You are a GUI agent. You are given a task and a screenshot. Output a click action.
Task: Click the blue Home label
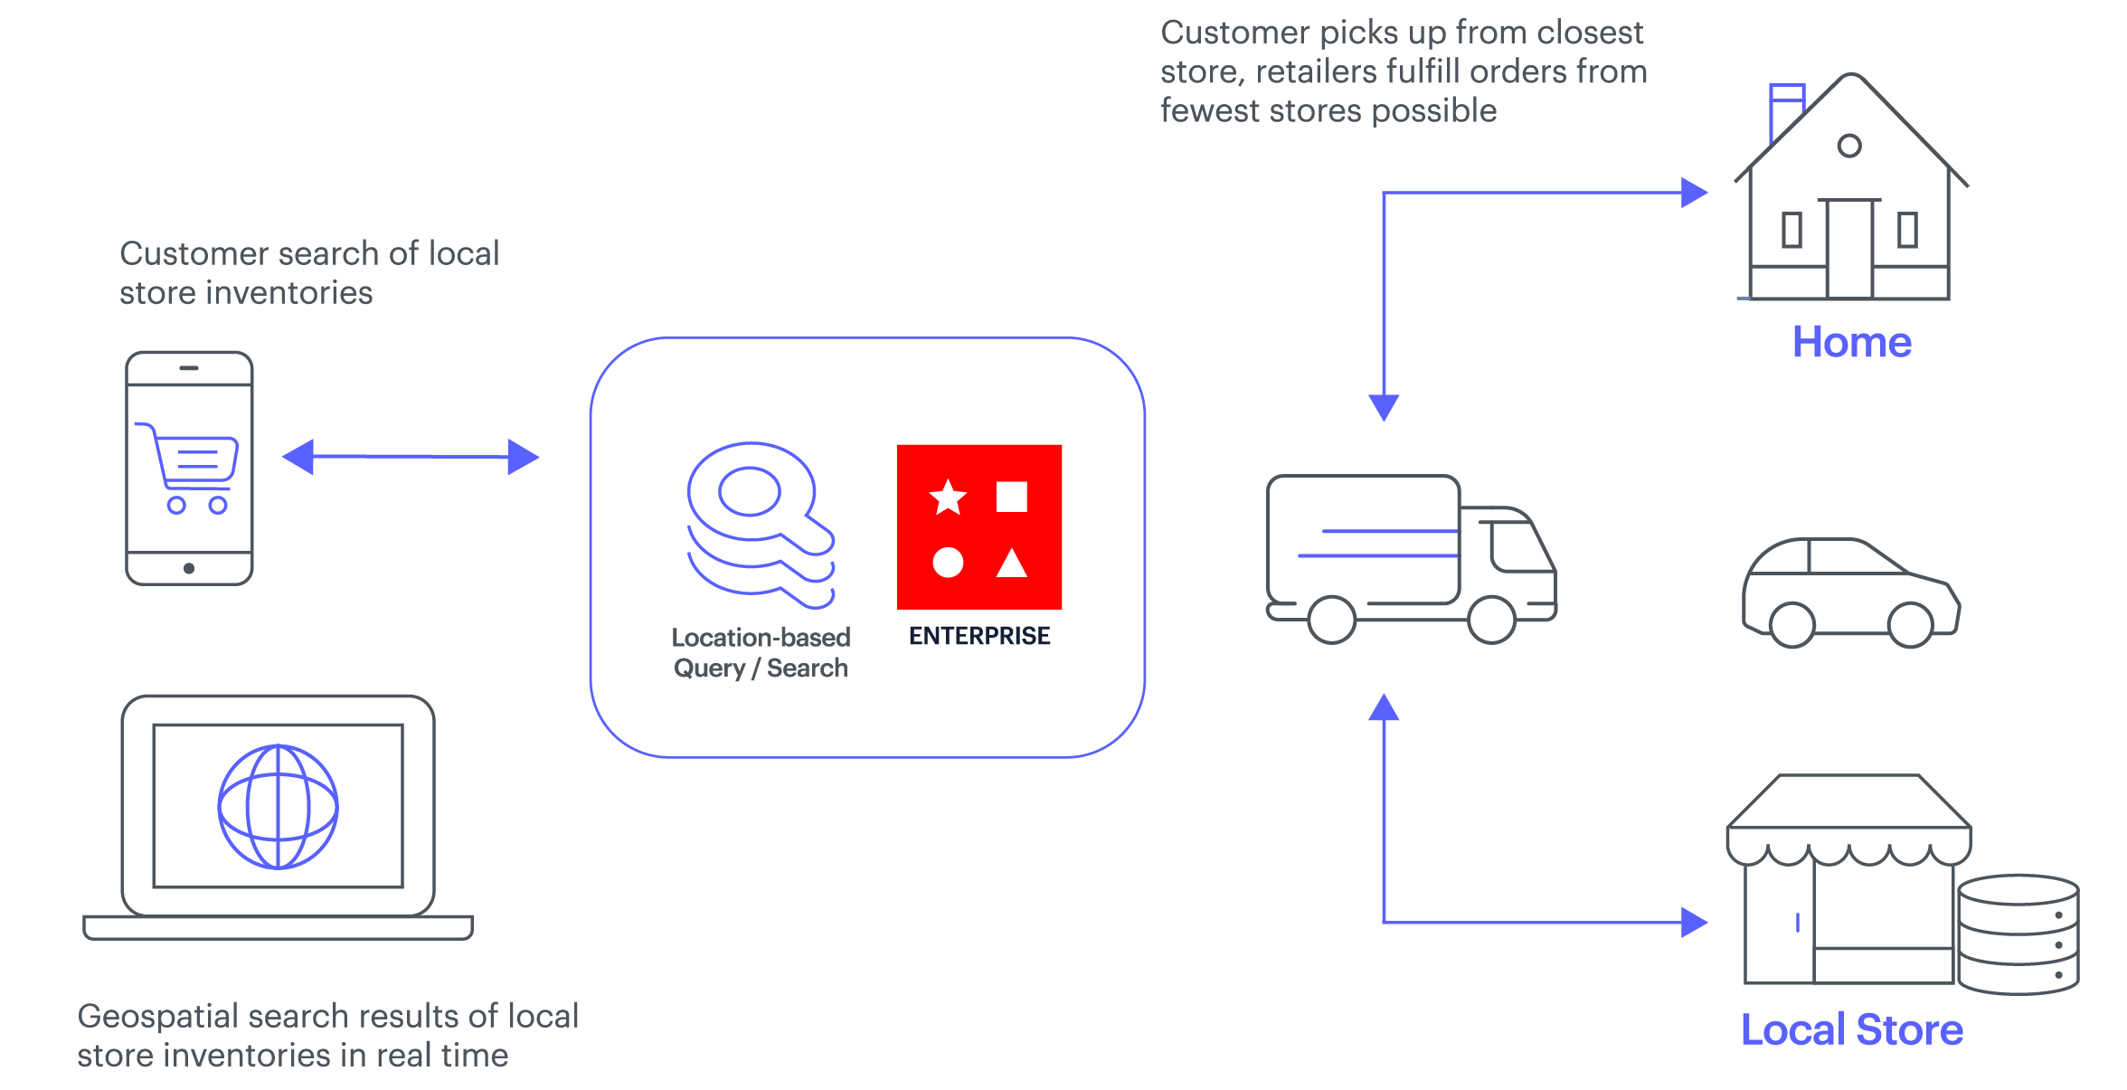point(1851,343)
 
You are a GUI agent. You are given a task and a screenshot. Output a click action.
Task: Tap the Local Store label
point(1851,1029)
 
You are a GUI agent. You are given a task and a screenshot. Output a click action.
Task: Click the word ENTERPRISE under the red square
point(978,636)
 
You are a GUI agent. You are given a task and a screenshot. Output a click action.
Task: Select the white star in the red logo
point(948,498)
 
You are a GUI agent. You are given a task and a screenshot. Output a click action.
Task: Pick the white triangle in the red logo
point(1011,564)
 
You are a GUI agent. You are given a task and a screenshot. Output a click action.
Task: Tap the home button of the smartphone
point(189,568)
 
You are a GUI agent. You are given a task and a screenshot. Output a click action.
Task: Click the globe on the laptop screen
point(279,806)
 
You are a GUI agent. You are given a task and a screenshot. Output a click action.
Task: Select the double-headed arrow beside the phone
point(411,457)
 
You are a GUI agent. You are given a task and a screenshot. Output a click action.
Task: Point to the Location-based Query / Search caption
point(761,652)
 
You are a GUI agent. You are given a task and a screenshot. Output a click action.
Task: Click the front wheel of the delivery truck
point(1491,620)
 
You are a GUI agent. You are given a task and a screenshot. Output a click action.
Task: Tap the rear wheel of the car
point(1791,624)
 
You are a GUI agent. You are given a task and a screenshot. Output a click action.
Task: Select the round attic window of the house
point(1849,146)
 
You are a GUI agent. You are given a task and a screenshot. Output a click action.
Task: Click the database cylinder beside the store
point(2018,934)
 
